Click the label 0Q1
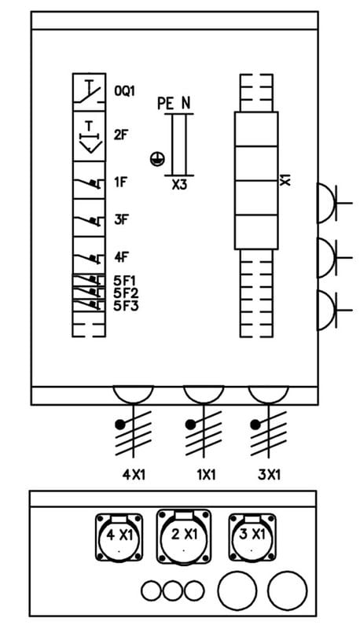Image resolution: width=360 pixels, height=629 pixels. [125, 91]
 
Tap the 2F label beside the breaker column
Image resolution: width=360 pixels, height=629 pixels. [121, 134]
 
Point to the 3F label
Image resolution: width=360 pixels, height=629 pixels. [121, 220]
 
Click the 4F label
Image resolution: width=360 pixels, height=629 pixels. [121, 257]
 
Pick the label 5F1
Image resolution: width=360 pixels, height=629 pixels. [125, 280]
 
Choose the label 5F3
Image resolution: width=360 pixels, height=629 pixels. [126, 306]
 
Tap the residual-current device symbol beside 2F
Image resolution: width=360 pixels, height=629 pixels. [89, 136]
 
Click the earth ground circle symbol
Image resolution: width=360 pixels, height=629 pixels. [156, 159]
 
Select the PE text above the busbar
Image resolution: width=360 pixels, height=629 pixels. [166, 104]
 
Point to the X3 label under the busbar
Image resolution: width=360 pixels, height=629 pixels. [179, 185]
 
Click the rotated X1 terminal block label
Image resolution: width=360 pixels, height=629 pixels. [285, 180]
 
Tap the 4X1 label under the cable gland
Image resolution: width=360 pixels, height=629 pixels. [134, 475]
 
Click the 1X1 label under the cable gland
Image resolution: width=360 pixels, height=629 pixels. [207, 475]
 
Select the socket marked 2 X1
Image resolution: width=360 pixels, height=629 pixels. [184, 536]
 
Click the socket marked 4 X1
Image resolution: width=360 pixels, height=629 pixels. [119, 537]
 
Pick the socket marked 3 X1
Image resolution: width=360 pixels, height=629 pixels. [252, 537]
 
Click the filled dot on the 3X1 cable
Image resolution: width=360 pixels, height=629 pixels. [254, 424]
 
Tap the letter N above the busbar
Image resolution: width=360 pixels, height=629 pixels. [186, 104]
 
